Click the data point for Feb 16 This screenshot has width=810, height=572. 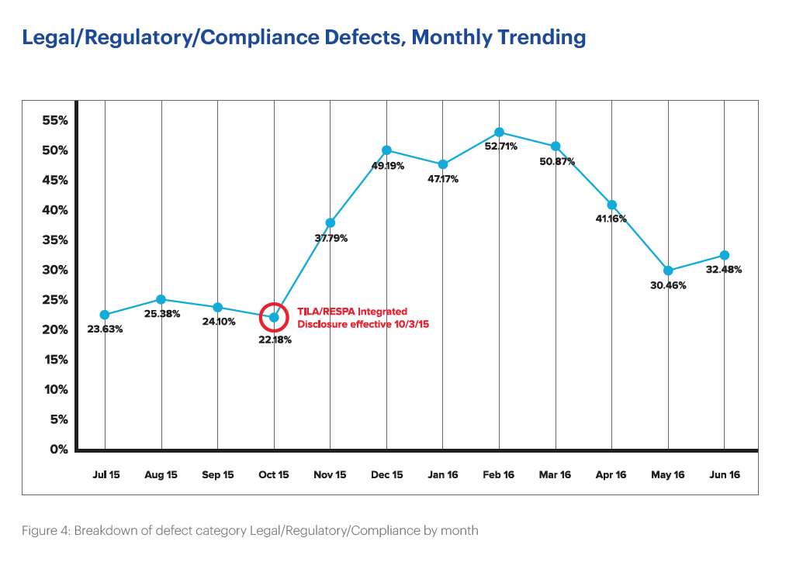click(x=499, y=133)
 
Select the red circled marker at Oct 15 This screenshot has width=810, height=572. click(x=274, y=317)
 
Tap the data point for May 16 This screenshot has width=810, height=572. click(x=668, y=271)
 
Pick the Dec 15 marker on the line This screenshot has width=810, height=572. click(x=386, y=150)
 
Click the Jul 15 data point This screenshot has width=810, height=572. click(x=105, y=315)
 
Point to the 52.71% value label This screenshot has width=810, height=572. click(x=500, y=146)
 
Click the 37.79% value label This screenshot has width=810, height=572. click(x=331, y=238)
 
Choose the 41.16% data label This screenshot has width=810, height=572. click(x=613, y=219)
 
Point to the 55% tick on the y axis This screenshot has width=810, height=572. click(x=55, y=120)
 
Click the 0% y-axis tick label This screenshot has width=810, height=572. click(x=60, y=450)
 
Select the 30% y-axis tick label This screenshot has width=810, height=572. click(x=55, y=270)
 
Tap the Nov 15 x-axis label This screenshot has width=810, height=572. click(x=330, y=475)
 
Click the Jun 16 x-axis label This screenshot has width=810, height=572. click(x=724, y=475)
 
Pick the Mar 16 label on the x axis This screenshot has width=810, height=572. click(x=555, y=475)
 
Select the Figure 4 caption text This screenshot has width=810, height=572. click(x=251, y=531)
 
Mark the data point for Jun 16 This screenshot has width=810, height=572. click(x=724, y=255)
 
